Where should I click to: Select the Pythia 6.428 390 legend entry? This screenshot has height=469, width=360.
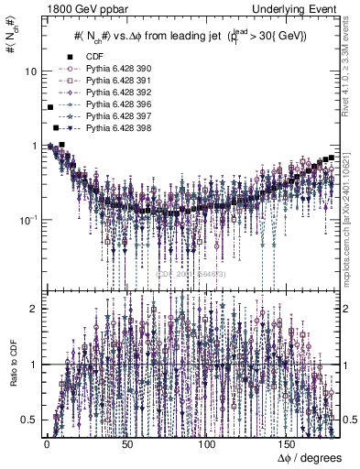click(113, 70)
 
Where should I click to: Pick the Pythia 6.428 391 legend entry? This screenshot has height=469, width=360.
click(113, 82)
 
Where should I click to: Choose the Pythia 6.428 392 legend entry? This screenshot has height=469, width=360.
click(113, 94)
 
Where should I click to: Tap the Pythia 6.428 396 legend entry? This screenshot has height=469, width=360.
click(113, 106)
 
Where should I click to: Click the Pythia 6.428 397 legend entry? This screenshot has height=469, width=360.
click(113, 119)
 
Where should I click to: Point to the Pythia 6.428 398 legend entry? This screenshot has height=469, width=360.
click(113, 131)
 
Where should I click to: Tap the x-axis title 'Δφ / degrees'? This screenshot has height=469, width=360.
click(309, 456)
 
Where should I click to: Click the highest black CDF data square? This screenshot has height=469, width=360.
click(50, 108)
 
